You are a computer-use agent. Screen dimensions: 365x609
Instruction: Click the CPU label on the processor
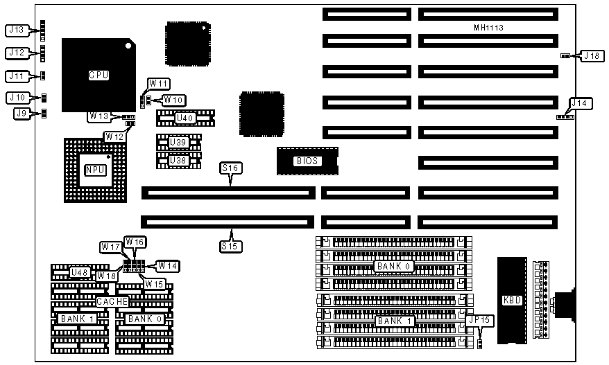(x=98, y=75)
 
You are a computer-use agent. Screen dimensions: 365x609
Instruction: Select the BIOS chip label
(x=307, y=161)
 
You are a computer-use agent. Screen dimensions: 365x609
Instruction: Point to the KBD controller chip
(x=514, y=301)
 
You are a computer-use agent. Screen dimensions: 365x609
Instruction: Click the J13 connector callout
(x=16, y=30)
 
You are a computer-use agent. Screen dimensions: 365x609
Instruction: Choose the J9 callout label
(x=21, y=113)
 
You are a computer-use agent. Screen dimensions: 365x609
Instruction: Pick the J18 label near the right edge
(x=592, y=55)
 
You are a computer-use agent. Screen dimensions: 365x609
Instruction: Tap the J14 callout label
(x=579, y=103)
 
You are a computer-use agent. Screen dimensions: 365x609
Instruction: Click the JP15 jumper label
(x=479, y=320)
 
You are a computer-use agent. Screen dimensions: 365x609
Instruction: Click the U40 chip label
(x=185, y=118)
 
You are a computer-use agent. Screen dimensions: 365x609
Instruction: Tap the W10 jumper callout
(x=173, y=100)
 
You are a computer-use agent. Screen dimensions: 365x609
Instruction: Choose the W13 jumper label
(x=98, y=116)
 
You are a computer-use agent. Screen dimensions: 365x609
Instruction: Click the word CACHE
(x=112, y=302)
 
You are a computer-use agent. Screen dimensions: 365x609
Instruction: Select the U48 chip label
(x=80, y=272)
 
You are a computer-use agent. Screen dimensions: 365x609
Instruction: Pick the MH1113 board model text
(x=488, y=28)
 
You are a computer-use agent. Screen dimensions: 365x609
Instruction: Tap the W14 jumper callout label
(x=168, y=265)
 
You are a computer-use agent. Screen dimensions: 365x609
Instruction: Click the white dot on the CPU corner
(x=128, y=47)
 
